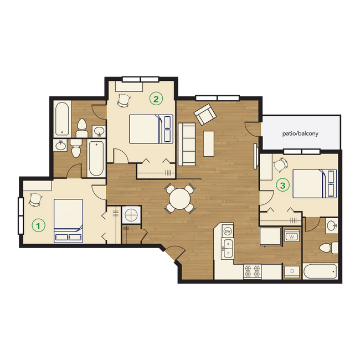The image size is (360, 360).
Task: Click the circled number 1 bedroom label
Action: [x=38, y=225]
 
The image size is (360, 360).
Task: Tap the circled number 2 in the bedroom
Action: [x=156, y=99]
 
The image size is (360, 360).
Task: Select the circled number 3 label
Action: [x=282, y=186]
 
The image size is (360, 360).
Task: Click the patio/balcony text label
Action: [x=301, y=133]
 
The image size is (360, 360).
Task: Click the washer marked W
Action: [x=291, y=237]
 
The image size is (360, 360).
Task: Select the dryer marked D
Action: [x=291, y=271]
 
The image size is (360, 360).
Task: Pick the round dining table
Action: [x=181, y=198]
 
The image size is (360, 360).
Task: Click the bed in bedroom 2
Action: [x=151, y=128]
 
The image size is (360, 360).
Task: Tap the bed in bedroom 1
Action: [x=68, y=220]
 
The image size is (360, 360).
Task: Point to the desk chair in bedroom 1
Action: [x=35, y=199]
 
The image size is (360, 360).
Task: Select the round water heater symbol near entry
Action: [x=132, y=214]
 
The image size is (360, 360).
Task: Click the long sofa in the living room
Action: [x=186, y=144]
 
